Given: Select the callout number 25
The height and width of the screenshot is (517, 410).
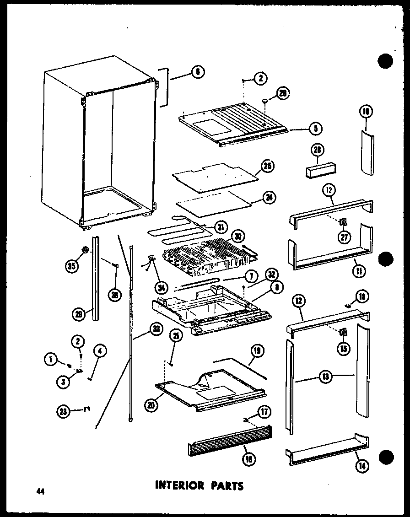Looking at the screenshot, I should [x=268, y=167].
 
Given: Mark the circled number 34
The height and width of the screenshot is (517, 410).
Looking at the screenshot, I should [x=160, y=287].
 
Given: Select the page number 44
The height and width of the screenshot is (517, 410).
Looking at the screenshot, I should [x=41, y=491].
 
